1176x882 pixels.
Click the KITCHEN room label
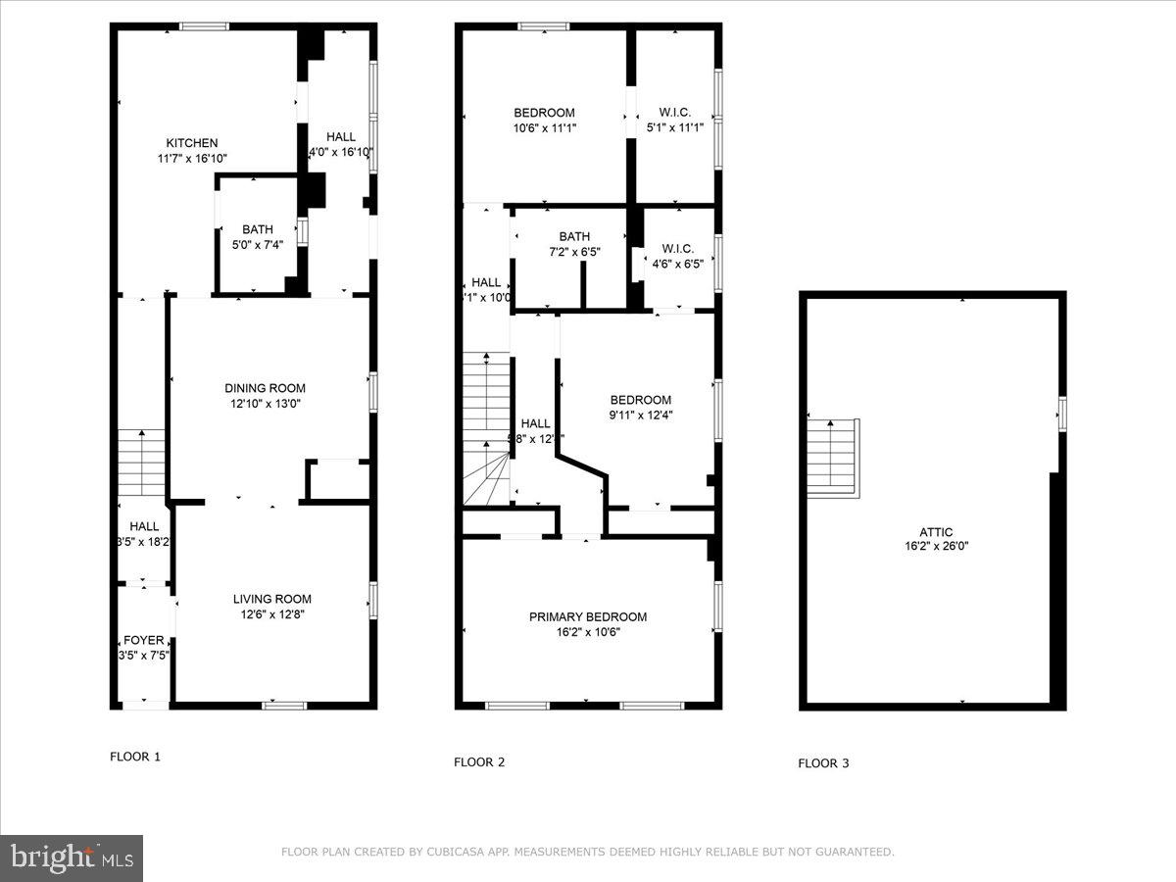pyautogui.click(x=191, y=143)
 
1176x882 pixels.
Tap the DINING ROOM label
pyautogui.click(x=265, y=388)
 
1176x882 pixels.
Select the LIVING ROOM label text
pyautogui.click(x=271, y=599)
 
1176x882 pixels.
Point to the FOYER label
pyautogui.click(x=143, y=640)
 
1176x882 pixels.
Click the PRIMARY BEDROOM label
pyautogui.click(x=588, y=616)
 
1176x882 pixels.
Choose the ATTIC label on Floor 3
pyautogui.click(x=936, y=532)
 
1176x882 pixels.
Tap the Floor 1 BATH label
pyautogui.click(x=258, y=229)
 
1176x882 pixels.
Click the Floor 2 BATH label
pyautogui.click(x=574, y=236)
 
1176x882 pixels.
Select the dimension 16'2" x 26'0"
pyautogui.click(x=936, y=547)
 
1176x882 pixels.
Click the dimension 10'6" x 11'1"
pyautogui.click(x=544, y=127)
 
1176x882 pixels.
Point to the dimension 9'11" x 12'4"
pyautogui.click(x=640, y=415)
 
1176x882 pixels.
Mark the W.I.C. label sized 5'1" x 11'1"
pyautogui.click(x=675, y=113)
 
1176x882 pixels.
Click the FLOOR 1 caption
pyautogui.click(x=134, y=757)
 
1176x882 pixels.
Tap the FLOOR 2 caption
pyautogui.click(x=479, y=761)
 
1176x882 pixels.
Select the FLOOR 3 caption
pyautogui.click(x=823, y=763)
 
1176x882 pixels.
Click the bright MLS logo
pyautogui.click(x=72, y=858)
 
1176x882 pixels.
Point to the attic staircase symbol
pyautogui.click(x=833, y=456)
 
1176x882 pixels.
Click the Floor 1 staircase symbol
pyautogui.click(x=142, y=464)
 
